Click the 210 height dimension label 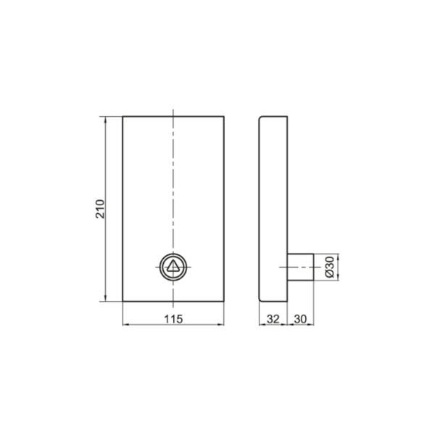pyautogui.click(x=100, y=209)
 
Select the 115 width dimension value pyautogui.click(x=173, y=319)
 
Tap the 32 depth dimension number pyautogui.click(x=273, y=319)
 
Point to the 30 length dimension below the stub pyautogui.click(x=300, y=319)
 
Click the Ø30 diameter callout pyautogui.click(x=330, y=267)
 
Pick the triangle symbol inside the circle pyautogui.click(x=173, y=266)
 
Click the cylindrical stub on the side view pyautogui.click(x=300, y=267)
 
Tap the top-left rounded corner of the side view pyautogui.click(x=260, y=117)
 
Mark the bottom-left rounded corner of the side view pyautogui.click(x=260, y=299)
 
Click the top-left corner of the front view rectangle pyautogui.click(x=123, y=117)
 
